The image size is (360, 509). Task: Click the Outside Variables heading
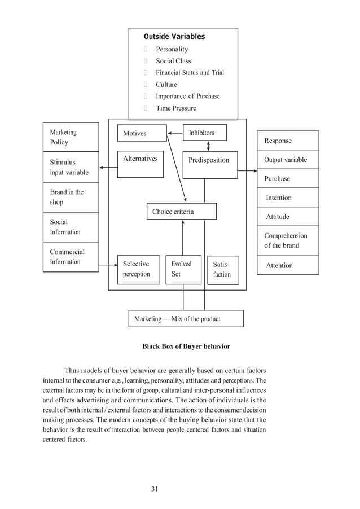pos(174,37)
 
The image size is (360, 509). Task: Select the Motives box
pos(142,133)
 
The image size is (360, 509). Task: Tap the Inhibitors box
pos(204,133)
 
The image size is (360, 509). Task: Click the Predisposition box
pos(210,164)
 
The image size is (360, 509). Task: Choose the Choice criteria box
pos(182,212)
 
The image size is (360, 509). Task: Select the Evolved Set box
pos(183,269)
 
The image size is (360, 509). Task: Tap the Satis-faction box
pos(222,269)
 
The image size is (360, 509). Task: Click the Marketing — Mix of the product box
pos(186,319)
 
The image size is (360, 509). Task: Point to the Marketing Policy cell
pos(71,137)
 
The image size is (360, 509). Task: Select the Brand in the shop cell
pos(71,197)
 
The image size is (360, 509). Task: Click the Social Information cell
pos(71,227)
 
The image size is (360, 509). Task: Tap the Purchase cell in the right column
pos(288,179)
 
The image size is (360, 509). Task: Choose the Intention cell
pos(288,198)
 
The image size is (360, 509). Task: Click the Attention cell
pos(288,265)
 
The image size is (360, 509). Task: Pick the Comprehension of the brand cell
pos(288,240)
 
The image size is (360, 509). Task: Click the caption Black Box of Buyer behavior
pos(186,346)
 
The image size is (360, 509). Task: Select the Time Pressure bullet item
pos(176,108)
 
